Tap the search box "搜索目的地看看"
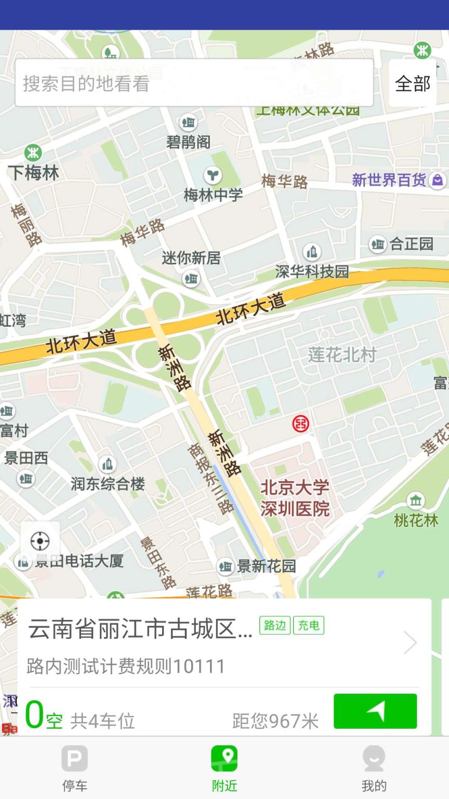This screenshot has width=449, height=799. click(x=193, y=83)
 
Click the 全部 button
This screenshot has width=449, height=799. click(x=413, y=83)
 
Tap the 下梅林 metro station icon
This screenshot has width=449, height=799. click(x=33, y=153)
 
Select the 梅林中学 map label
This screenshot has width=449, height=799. click(x=213, y=195)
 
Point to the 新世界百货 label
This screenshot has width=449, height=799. click(x=389, y=180)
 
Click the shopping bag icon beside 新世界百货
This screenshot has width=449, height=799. click(x=438, y=180)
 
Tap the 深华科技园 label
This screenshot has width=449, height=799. click(x=312, y=271)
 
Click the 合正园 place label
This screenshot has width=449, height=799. click(x=411, y=243)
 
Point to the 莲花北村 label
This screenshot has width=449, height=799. click(x=342, y=355)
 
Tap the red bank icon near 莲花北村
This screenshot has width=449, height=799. click(x=300, y=423)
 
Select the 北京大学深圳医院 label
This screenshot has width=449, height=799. click(x=295, y=498)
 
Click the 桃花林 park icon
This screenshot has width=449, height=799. click(x=415, y=500)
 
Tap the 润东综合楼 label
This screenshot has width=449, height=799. click(x=108, y=484)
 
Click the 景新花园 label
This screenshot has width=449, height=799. click(x=266, y=566)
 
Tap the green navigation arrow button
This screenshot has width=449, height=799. click(x=375, y=711)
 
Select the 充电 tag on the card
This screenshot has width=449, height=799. click(x=309, y=625)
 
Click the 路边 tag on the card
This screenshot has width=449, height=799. click(x=275, y=625)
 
